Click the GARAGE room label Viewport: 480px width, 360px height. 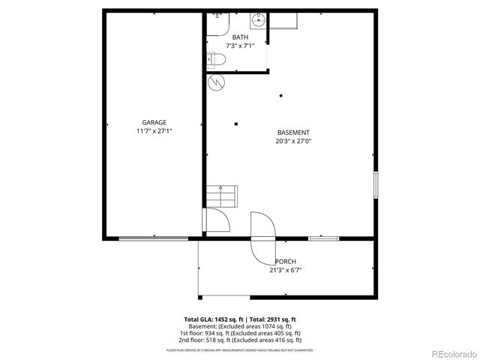coord(154,122)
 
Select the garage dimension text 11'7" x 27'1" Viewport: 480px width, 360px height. coord(154,130)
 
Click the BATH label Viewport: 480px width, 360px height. coord(240,37)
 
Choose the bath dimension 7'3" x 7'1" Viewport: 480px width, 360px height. coord(240,46)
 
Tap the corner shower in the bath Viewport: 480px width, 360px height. coord(217,22)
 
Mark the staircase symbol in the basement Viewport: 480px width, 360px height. coord(223,197)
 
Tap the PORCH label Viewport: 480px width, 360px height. coord(285,261)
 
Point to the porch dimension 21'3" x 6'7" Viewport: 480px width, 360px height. coord(285,270)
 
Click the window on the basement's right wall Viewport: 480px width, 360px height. coord(376,184)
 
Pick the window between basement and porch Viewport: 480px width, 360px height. coord(323,238)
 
